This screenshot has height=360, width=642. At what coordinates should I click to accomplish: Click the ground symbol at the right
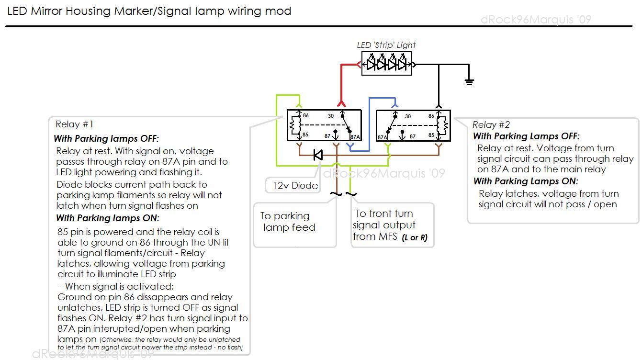[x=469, y=81]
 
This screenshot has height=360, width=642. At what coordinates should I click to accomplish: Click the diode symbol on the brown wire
[x=317, y=155]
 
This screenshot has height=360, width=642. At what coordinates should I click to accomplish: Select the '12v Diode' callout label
[x=295, y=185]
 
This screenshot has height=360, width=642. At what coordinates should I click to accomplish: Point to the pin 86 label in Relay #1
[x=305, y=116]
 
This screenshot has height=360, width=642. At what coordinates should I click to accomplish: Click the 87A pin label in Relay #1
[x=355, y=137]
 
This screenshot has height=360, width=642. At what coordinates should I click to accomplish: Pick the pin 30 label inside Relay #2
[x=407, y=116]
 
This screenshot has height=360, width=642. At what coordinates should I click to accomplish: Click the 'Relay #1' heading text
[x=74, y=124]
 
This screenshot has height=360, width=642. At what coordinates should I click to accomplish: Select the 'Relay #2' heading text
[x=491, y=125]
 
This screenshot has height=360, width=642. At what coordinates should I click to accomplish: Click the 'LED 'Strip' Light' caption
[x=386, y=45]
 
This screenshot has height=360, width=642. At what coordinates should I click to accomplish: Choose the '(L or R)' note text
[x=415, y=237]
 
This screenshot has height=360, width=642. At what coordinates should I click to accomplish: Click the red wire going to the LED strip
[x=341, y=81]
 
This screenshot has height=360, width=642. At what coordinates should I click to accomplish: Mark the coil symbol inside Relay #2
[x=444, y=125]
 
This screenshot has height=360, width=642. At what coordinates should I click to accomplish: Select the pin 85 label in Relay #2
[x=431, y=135]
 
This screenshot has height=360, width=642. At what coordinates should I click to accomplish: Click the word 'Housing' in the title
[x=88, y=11]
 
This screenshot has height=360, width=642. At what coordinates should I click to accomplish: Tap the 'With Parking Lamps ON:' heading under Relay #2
[x=526, y=181]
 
